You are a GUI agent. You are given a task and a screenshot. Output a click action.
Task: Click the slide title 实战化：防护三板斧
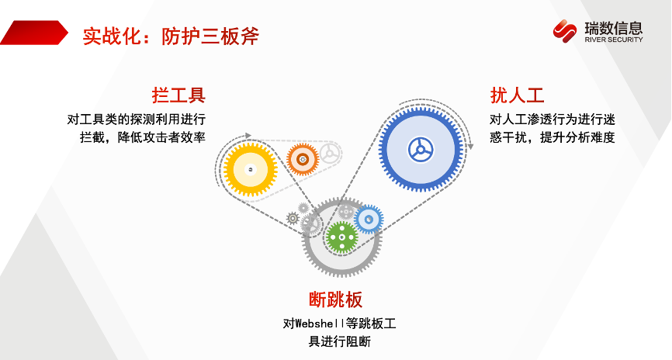(171, 36)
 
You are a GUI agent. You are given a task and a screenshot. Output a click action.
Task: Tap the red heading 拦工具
(178, 95)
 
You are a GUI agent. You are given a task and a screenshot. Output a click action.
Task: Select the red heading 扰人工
(517, 95)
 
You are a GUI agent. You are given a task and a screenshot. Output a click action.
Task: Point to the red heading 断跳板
(335, 299)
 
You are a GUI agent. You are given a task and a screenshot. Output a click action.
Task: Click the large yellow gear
(251, 170)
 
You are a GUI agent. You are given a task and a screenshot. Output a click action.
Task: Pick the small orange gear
(303, 159)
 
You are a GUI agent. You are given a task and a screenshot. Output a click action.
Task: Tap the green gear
(341, 237)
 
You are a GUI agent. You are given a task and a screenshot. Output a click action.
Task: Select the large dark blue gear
(421, 150)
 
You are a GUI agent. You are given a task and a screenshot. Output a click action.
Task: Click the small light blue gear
(369, 220)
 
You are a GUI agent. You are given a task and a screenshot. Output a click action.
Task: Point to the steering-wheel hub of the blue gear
(421, 150)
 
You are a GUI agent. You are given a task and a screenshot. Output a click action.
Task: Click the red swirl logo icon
(564, 31)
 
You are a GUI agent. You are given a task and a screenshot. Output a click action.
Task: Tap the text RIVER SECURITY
(614, 40)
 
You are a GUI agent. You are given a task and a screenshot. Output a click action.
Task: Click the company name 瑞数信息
(614, 28)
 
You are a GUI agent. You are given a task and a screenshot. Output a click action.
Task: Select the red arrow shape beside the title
(34, 33)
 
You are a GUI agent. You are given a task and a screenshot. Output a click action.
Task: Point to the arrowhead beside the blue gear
(470, 147)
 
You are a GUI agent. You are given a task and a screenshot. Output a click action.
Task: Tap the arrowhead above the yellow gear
(248, 136)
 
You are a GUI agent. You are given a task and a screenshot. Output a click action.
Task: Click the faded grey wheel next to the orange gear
(330, 154)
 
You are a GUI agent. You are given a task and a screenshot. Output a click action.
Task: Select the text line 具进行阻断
(339, 341)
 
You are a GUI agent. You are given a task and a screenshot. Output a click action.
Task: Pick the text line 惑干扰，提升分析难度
(552, 137)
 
